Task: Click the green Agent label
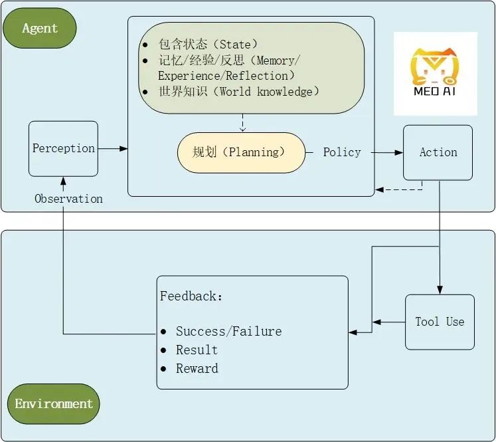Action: [x=40, y=28]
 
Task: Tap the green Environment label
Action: [x=54, y=403]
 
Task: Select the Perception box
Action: [x=63, y=148]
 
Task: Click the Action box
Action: [x=438, y=152]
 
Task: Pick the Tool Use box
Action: [x=440, y=322]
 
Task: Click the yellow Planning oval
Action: [x=240, y=152]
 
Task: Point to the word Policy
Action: [x=342, y=152]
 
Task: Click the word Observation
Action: [x=68, y=199]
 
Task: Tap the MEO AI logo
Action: [x=435, y=74]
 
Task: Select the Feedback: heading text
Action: [x=191, y=296]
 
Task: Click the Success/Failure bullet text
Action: [x=228, y=331]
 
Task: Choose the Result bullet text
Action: [x=197, y=350]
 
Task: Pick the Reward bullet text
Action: [x=197, y=368]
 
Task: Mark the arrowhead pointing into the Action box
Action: [x=399, y=152]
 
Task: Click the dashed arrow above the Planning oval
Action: [x=242, y=122]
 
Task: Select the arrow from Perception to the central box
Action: [x=113, y=148]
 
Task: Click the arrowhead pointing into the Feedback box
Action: [x=353, y=332]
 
